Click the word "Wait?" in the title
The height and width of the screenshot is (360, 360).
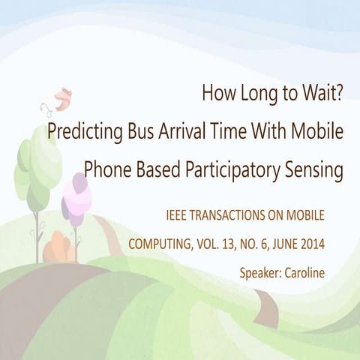coord(322,95)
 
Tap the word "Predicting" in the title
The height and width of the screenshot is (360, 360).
coord(80,132)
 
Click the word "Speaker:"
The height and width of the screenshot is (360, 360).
coord(260,272)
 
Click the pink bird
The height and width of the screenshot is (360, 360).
coord(63,95)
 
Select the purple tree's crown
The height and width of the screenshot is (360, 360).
coord(78,196)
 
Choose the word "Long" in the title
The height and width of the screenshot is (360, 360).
coord(252,95)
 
